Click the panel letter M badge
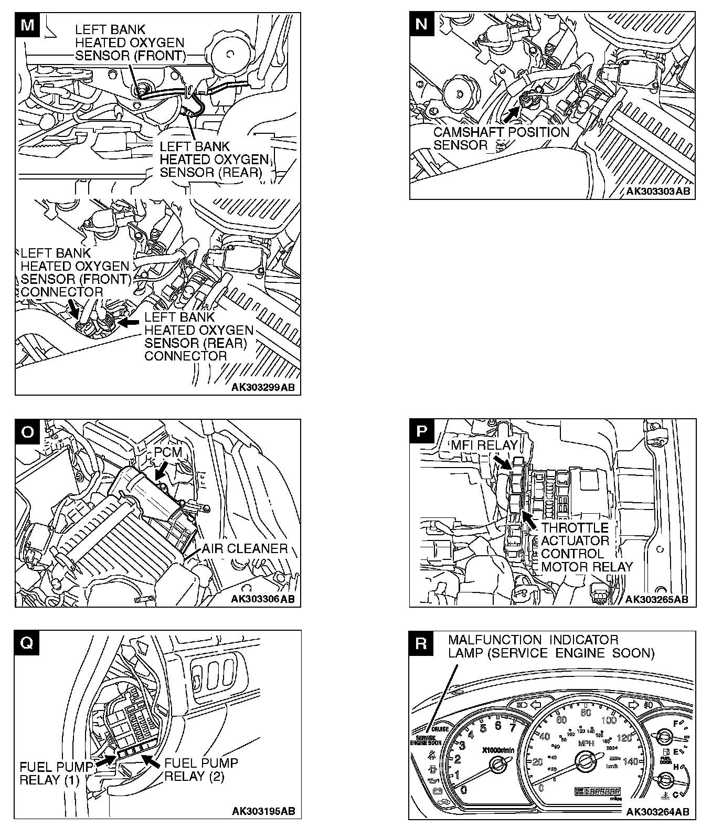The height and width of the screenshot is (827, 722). point(27,25)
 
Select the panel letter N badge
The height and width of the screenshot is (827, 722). point(421,24)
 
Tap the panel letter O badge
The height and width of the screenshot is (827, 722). point(27,431)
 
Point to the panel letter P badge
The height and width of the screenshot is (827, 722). point(421,431)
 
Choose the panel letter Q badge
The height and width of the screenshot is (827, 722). point(27,643)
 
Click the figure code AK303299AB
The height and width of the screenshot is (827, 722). point(263,388)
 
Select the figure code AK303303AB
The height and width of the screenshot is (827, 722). point(659,192)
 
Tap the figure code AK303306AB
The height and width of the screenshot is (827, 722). point(263,599)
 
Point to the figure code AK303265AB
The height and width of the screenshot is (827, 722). point(657,599)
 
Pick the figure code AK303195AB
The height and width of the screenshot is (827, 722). point(263,811)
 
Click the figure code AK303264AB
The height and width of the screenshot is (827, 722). point(658,811)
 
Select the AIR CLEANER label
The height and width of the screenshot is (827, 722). point(245,549)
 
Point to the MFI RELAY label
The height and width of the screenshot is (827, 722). point(484,446)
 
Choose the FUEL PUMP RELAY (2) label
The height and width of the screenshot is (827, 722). point(201,769)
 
